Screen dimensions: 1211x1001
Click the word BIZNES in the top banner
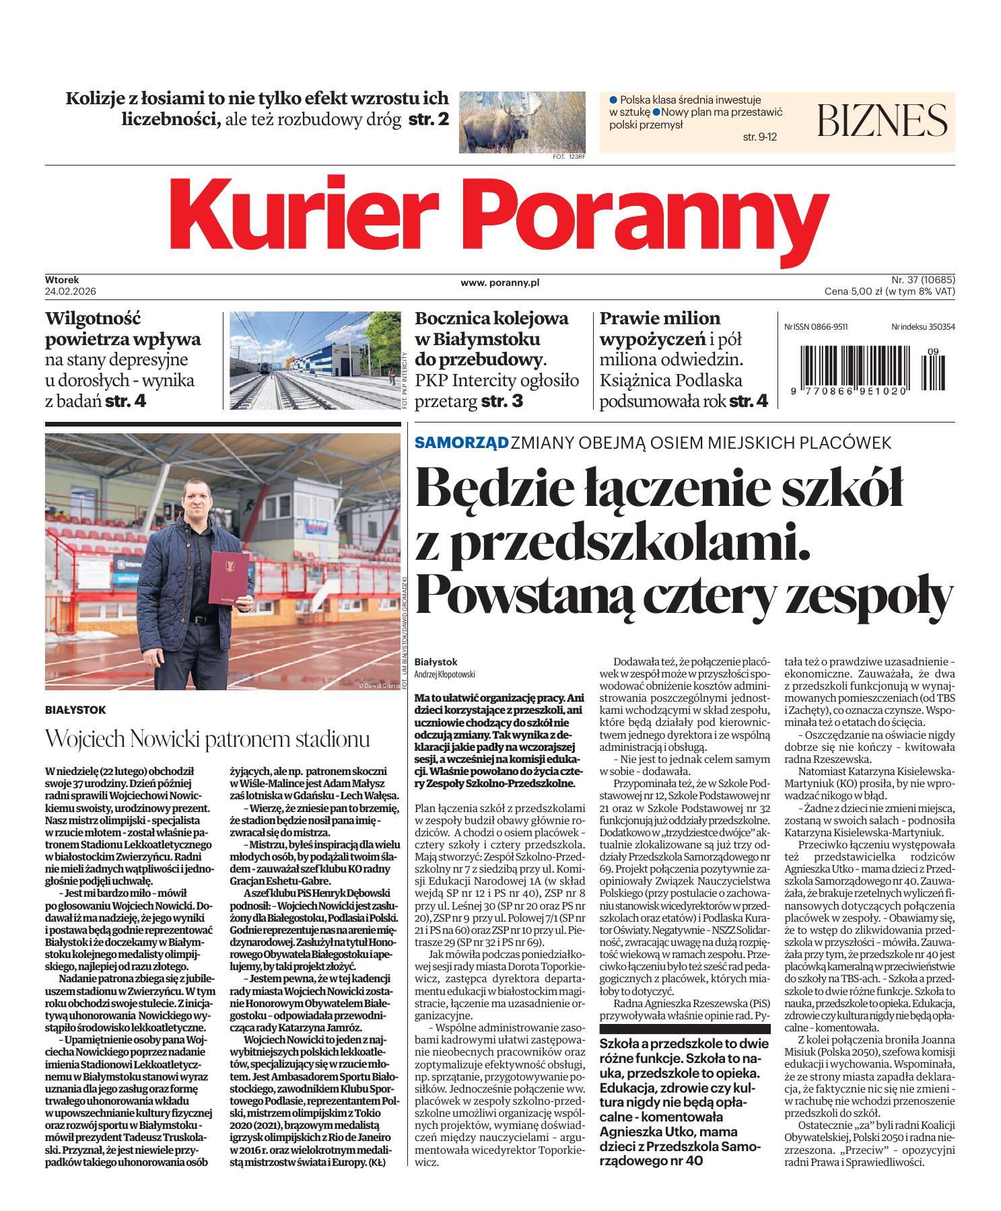(882, 120)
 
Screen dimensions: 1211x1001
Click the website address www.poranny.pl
(500, 283)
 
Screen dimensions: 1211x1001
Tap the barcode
(868, 365)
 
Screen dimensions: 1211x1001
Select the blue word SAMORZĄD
(461, 443)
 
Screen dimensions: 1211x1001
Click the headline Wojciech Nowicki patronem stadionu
(207, 739)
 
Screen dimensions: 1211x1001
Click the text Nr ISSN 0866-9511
(816, 326)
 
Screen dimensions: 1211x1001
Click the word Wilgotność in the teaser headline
(93, 318)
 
